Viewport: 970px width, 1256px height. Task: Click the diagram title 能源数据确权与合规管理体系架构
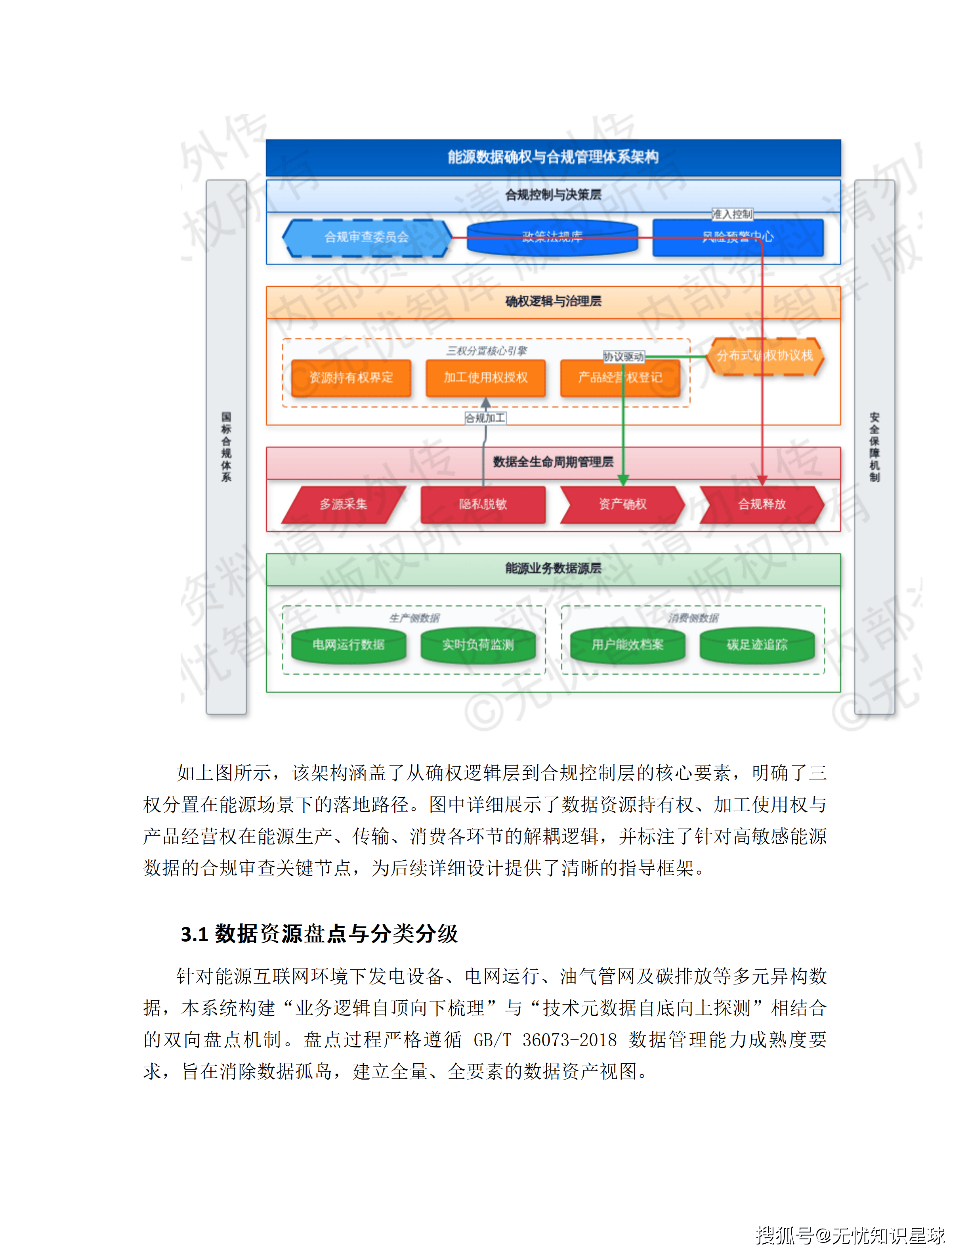click(553, 157)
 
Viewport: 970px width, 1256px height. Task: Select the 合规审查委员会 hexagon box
click(367, 237)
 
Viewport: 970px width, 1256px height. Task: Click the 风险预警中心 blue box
click(738, 237)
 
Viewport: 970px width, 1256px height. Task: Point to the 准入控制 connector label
click(731, 214)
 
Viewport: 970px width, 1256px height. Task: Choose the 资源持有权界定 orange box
click(351, 378)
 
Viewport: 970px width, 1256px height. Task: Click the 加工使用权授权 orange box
click(485, 378)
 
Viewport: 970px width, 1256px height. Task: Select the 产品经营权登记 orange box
click(620, 378)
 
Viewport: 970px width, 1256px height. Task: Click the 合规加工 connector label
click(485, 418)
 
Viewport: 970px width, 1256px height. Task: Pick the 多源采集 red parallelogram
click(344, 504)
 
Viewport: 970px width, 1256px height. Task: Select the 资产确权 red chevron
click(622, 504)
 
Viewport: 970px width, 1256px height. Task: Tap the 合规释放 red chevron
click(762, 504)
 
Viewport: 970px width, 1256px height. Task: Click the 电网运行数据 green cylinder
click(349, 645)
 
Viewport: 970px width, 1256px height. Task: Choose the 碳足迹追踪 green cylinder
click(757, 645)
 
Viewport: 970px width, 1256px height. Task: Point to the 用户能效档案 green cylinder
click(628, 645)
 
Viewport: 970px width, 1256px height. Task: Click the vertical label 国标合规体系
click(226, 447)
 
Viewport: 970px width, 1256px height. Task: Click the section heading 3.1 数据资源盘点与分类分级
click(319, 934)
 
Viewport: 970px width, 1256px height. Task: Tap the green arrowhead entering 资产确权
click(623, 480)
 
